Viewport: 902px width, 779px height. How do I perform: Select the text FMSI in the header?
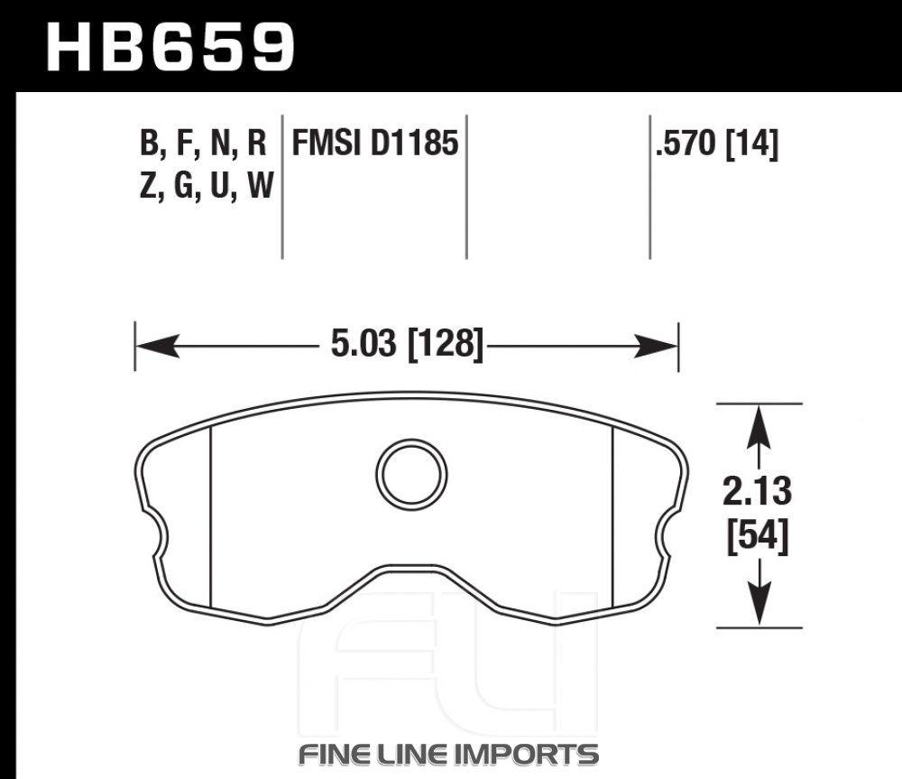click(327, 143)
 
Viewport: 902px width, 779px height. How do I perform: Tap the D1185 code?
click(414, 143)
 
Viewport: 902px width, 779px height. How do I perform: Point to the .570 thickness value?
click(686, 143)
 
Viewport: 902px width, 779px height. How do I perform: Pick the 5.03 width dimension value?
click(364, 344)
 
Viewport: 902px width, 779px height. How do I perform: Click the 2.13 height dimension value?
click(757, 491)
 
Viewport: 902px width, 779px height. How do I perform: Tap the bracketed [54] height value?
click(758, 536)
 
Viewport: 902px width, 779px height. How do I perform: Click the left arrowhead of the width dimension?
click(156, 346)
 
